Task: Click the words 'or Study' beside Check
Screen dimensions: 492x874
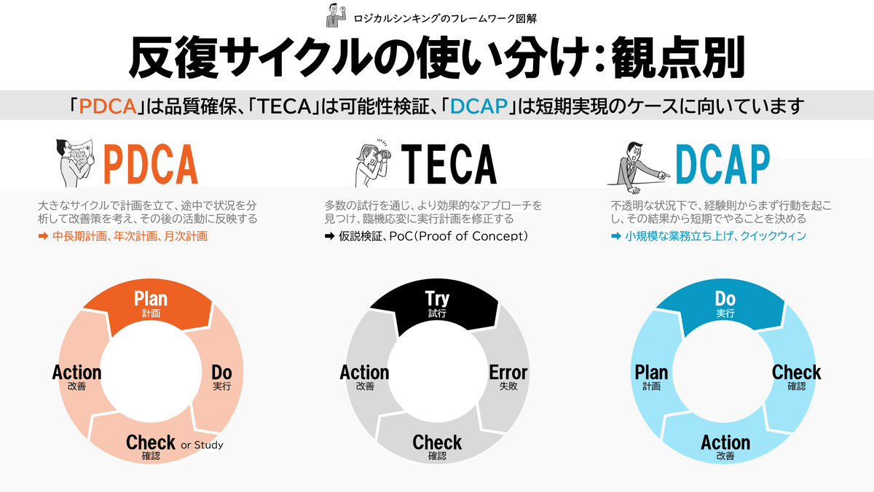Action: (x=202, y=445)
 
